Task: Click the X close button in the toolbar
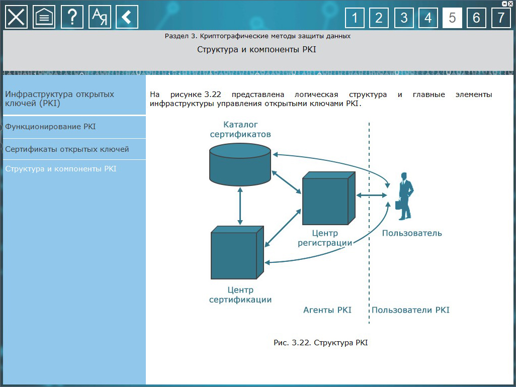click(x=16, y=17)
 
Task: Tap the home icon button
click(x=44, y=17)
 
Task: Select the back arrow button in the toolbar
click(x=127, y=17)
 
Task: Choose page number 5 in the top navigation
click(x=452, y=18)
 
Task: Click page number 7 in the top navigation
click(x=501, y=18)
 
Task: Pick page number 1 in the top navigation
click(x=355, y=18)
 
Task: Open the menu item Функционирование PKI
click(x=50, y=127)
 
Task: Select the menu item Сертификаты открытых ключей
click(x=67, y=149)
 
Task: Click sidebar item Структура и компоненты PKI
click(x=61, y=169)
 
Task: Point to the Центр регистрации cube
click(x=328, y=198)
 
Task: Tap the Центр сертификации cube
click(x=237, y=252)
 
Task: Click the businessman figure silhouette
click(x=405, y=196)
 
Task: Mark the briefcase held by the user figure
click(x=398, y=205)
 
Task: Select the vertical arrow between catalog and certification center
click(x=240, y=206)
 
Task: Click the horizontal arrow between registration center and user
click(x=372, y=196)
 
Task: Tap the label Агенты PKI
click(x=327, y=310)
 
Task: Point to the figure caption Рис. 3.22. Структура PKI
click(x=321, y=343)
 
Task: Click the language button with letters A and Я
click(x=100, y=17)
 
